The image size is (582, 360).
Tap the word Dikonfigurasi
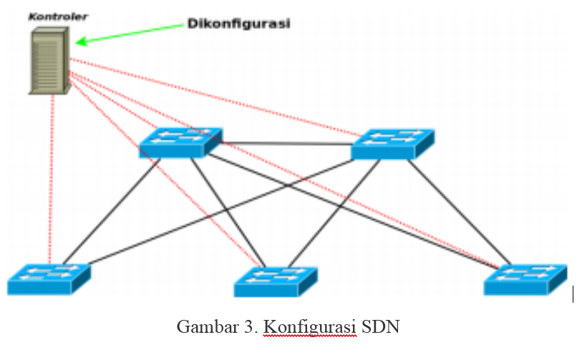click(x=238, y=23)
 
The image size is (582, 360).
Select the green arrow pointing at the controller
click(x=129, y=34)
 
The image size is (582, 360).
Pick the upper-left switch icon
click(x=180, y=142)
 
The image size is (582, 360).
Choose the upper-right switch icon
click(x=393, y=143)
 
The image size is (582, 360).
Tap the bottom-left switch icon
click(x=49, y=278)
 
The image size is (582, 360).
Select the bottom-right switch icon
click(x=525, y=278)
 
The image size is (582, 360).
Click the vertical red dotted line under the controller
click(x=52, y=179)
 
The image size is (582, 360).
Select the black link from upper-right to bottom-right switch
click(x=458, y=208)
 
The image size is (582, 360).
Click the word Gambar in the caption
click(x=201, y=327)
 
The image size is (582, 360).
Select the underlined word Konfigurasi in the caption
click(x=310, y=327)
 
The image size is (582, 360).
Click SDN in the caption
click(x=380, y=327)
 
